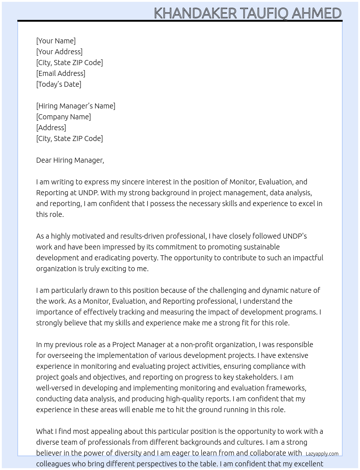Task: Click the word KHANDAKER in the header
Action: pos(195,13)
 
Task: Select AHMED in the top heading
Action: pos(316,13)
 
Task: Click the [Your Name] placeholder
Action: pos(56,41)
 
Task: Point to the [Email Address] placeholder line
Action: pos(61,73)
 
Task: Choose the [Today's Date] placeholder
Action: pos(59,84)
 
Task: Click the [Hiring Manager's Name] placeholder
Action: pos(76,106)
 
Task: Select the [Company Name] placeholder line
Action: pos(63,117)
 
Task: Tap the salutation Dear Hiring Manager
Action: pos(70,160)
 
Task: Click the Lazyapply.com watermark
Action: pos(322,454)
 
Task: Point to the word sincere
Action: pos(135,182)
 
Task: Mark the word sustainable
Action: pos(260,247)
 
